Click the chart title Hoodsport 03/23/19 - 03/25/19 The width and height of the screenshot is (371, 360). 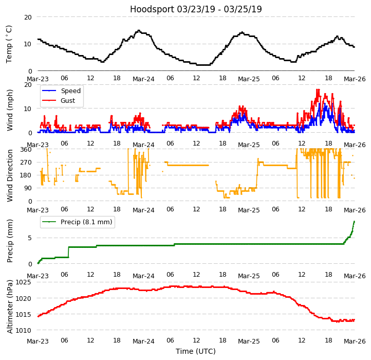(196, 9)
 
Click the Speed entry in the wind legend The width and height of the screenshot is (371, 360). (70, 91)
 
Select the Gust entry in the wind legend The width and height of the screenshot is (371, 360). (69, 101)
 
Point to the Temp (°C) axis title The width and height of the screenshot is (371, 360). (9, 44)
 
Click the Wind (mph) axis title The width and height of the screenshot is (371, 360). (10, 110)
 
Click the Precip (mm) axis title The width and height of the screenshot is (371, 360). (10, 241)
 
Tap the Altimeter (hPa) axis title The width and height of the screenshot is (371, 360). (10, 307)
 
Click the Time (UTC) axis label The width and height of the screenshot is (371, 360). (196, 351)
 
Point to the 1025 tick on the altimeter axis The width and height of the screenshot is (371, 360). (23, 282)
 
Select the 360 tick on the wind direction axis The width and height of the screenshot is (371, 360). (26, 150)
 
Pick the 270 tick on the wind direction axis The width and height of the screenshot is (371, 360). (26, 163)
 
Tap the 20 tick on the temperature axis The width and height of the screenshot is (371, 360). (28, 17)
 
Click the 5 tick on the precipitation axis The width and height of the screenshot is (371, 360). (30, 238)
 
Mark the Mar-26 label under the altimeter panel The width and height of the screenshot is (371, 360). (354, 341)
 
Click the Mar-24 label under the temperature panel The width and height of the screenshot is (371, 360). (143, 79)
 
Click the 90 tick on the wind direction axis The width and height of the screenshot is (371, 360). (28, 188)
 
